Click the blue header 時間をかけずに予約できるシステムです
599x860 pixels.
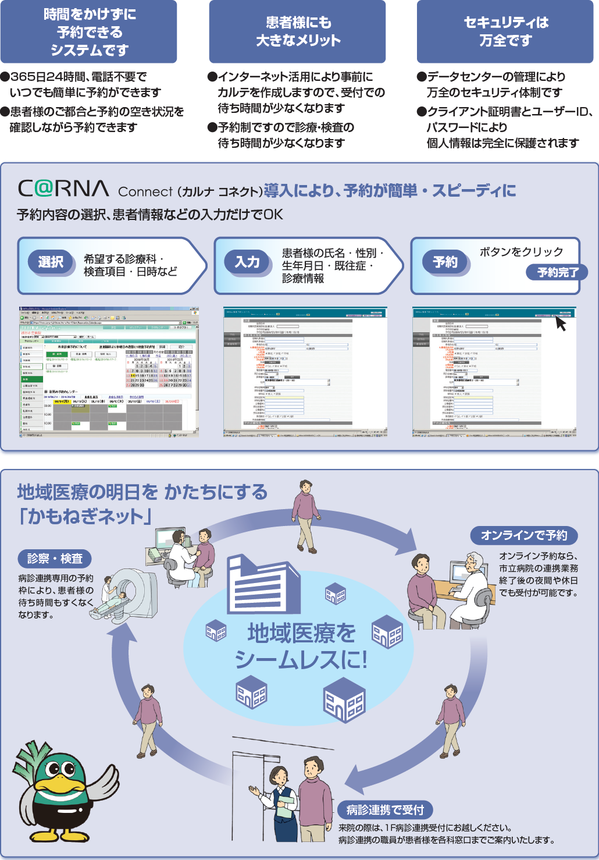click(88, 32)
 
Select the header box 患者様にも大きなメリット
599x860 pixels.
click(297, 32)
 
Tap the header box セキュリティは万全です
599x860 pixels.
click(505, 32)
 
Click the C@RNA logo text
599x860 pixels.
click(63, 189)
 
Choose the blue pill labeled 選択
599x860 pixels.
click(51, 262)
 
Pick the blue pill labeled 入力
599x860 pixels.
click(247, 262)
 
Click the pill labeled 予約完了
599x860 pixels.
click(557, 272)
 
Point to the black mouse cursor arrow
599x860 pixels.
click(561, 323)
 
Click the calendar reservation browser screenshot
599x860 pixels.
click(109, 372)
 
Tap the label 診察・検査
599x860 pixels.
click(55, 559)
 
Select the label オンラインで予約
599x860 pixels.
click(523, 535)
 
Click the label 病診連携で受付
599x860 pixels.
click(385, 809)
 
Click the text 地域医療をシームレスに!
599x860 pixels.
click(301, 646)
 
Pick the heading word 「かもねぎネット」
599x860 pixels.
click(85, 516)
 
